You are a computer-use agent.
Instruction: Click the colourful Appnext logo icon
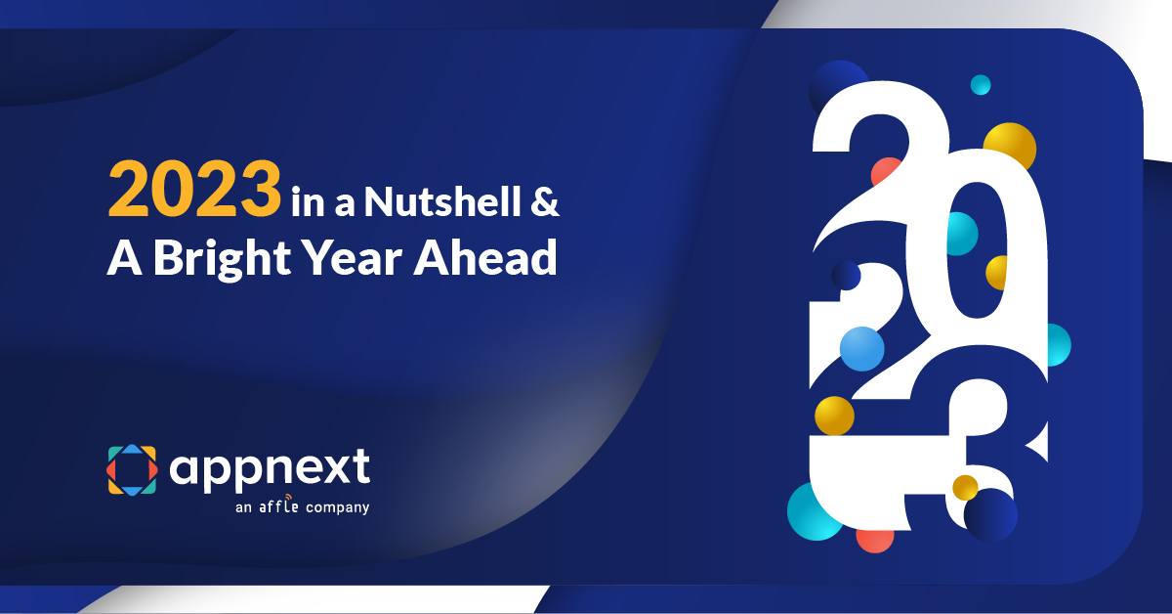click(132, 469)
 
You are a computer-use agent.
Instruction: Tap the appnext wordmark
click(271, 467)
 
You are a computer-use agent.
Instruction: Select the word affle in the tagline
click(281, 507)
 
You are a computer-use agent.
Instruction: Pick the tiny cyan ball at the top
click(981, 85)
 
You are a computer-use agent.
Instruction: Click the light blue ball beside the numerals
click(861, 349)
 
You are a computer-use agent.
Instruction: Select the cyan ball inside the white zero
click(959, 234)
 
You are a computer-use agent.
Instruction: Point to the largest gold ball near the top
click(1011, 146)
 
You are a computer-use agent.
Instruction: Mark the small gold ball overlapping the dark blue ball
click(965, 486)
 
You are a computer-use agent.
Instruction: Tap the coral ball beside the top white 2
click(885, 172)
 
